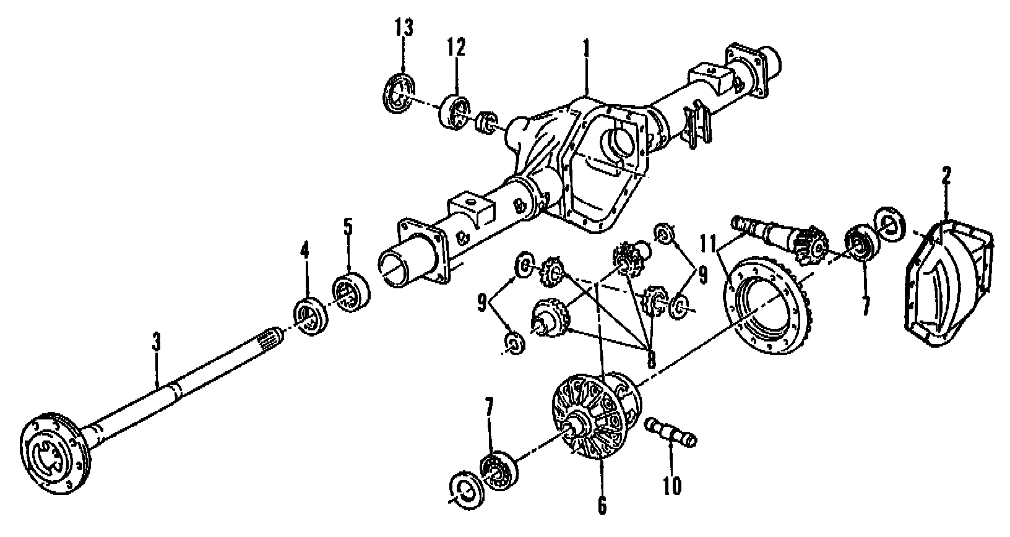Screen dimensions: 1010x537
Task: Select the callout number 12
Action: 457,48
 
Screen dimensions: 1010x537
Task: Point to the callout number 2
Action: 946,176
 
